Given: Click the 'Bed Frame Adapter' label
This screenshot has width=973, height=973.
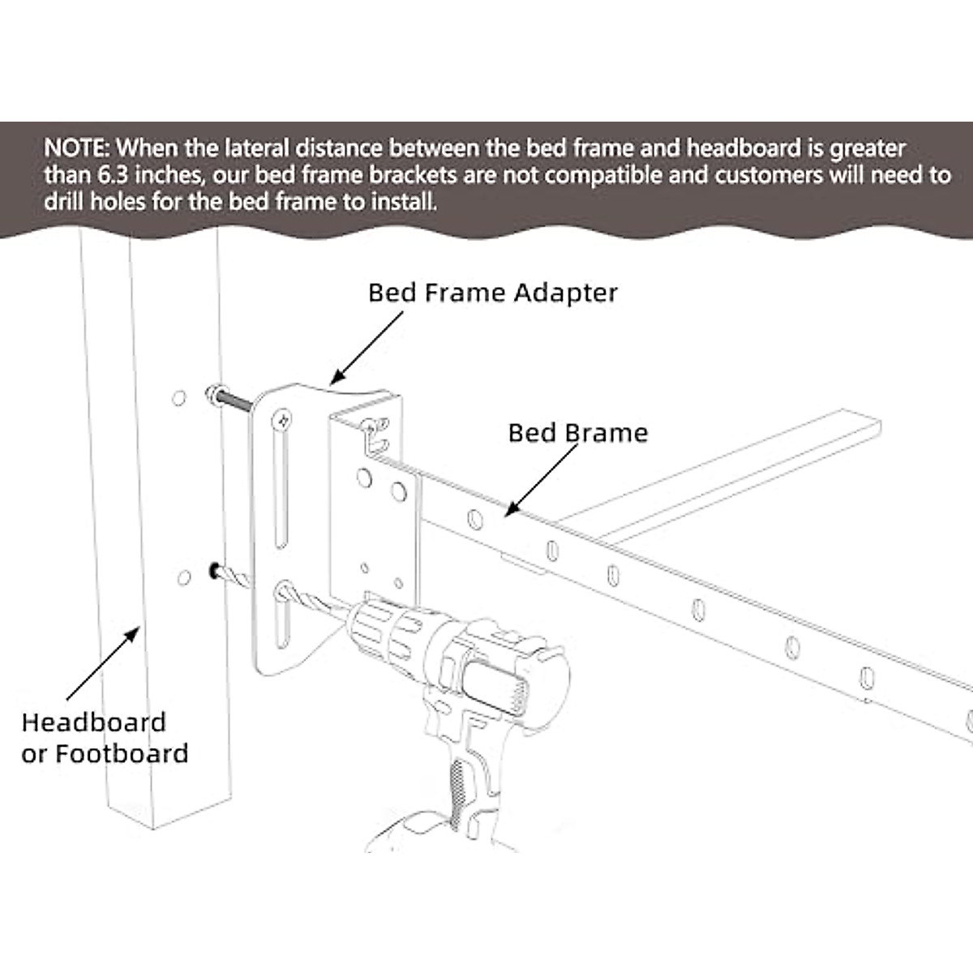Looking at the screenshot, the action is pos(492,293).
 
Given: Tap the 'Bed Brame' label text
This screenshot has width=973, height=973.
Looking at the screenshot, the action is pos(577,433).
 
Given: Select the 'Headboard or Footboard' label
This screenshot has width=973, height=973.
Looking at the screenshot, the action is pos(105,738).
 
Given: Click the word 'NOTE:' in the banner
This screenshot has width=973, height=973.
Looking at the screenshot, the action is pos(78,148).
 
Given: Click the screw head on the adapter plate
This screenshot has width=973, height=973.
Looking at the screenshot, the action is pos(283,420).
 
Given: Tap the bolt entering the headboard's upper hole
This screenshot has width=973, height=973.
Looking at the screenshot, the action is pos(231,400).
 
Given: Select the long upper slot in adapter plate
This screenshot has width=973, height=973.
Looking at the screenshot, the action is pos(280,495).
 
